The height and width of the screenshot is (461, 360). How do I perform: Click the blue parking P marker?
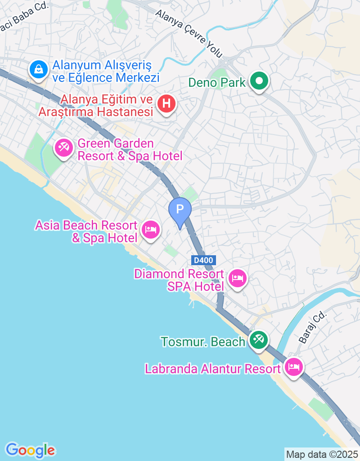[x=180, y=209]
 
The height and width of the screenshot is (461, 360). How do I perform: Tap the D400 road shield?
[x=204, y=260]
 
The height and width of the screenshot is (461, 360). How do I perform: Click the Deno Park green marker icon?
[x=259, y=81]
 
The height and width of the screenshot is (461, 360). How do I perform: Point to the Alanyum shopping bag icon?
[x=39, y=69]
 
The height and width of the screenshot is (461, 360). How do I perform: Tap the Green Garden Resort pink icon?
[x=63, y=147]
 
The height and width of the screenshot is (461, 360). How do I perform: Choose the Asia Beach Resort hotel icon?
[x=150, y=230]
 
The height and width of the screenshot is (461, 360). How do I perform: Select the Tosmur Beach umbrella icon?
[x=258, y=339]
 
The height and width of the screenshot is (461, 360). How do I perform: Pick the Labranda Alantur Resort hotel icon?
[x=293, y=367]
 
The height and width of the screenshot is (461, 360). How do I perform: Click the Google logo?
[x=30, y=450]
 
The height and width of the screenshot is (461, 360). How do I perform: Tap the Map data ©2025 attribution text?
[x=322, y=454]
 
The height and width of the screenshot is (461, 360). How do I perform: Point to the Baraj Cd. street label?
[x=311, y=327]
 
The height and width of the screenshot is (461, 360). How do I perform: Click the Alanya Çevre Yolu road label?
[x=189, y=33]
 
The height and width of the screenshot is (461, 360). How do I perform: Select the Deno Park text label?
[x=217, y=82]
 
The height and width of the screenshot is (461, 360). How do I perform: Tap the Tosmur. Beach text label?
[x=203, y=342]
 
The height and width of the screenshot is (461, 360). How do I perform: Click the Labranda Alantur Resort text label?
[x=212, y=369]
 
